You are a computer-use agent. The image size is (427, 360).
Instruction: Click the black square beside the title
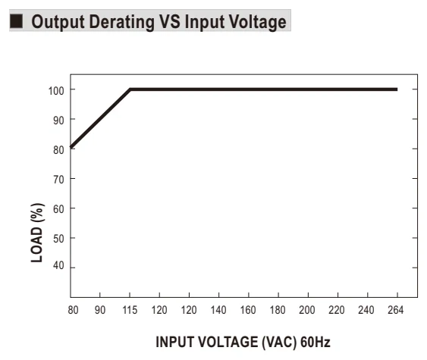pos(16,21)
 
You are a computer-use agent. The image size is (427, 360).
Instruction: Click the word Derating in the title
pos(121,22)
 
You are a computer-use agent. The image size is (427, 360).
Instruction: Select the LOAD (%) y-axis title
pos(37,233)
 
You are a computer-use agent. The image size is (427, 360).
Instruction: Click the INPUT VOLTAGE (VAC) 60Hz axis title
pos(243,342)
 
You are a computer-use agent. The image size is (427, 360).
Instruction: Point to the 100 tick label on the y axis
pos(56,91)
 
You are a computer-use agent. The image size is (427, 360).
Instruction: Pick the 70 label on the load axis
pos(58,180)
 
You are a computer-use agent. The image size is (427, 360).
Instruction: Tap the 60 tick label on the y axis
pos(58,209)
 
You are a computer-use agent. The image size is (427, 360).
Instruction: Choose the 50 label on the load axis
pos(58,239)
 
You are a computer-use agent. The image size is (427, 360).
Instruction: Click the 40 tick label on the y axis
pos(58,265)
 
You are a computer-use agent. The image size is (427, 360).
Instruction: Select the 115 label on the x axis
pos(130,310)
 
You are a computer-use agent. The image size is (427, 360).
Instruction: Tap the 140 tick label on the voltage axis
pos(218,310)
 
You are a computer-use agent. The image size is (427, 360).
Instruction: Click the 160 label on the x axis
pos(248,310)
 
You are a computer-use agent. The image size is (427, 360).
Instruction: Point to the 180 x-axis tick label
pos(278,310)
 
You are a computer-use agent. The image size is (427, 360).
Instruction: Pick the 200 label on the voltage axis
pos(307,310)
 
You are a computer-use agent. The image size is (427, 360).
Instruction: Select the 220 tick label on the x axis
pos(337,310)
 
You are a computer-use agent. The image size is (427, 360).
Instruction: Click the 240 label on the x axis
pos(366,310)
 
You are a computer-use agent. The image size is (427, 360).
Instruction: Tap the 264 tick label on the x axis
pos(396,310)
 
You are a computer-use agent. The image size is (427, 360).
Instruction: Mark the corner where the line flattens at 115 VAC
pos(130,89)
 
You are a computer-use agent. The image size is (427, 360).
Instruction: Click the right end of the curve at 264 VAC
pos(397,89)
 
